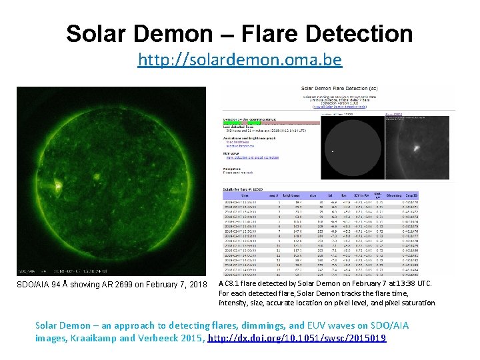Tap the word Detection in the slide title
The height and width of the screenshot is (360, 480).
pos(351,33)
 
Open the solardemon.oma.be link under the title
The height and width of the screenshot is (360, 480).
pos(240,60)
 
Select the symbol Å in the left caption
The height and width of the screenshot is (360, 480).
pos(62,285)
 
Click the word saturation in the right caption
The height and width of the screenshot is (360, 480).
pos(419,302)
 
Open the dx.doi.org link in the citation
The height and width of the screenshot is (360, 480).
pos(297,338)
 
